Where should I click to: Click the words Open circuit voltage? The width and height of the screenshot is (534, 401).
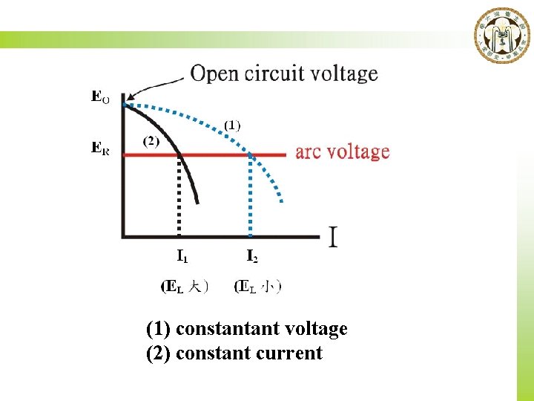(284, 74)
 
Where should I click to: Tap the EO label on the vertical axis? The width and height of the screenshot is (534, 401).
(100, 96)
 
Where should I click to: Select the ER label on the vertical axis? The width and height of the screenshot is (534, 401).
(100, 148)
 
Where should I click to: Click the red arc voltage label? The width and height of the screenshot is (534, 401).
(342, 152)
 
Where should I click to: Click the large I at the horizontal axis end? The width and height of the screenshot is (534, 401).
(334, 238)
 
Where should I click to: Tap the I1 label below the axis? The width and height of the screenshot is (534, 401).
(182, 257)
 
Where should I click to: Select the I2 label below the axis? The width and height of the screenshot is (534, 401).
(252, 257)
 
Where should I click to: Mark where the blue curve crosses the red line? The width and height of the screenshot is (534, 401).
(251, 154)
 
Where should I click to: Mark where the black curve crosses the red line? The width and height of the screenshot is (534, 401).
(179, 154)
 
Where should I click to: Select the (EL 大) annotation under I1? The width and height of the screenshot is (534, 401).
(185, 286)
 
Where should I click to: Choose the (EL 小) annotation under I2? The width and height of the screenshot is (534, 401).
(257, 286)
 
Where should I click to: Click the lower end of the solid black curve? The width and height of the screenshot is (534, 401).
(198, 201)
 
